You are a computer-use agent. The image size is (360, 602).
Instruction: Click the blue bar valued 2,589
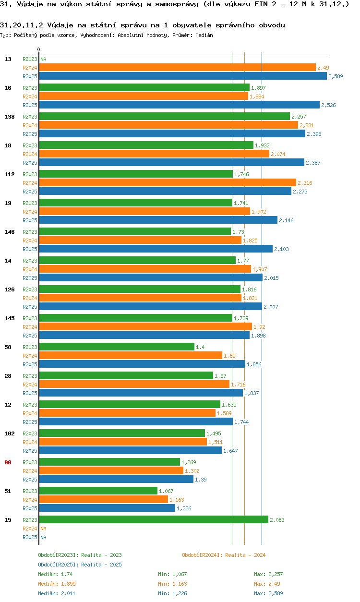182,76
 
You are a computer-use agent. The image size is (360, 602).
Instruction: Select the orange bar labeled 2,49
177,67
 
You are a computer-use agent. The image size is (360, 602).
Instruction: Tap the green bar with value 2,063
153,519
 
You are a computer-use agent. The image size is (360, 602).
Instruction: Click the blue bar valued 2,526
179,105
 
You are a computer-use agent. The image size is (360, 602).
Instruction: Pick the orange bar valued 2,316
167,182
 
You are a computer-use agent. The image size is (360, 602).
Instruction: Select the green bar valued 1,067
98,491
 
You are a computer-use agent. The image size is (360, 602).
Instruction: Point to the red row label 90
8,462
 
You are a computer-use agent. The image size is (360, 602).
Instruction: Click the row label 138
9,117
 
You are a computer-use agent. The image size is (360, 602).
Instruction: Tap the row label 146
9,232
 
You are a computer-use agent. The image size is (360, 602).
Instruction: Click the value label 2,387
313,163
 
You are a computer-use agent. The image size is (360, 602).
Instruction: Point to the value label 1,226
184,508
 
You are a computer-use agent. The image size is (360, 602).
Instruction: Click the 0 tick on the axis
38,49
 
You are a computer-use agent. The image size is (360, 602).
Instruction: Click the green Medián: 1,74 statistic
55,574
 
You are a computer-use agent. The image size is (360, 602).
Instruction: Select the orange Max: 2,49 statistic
267,584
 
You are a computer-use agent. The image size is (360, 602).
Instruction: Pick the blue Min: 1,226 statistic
172,593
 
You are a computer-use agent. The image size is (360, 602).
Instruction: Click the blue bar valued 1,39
116,479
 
